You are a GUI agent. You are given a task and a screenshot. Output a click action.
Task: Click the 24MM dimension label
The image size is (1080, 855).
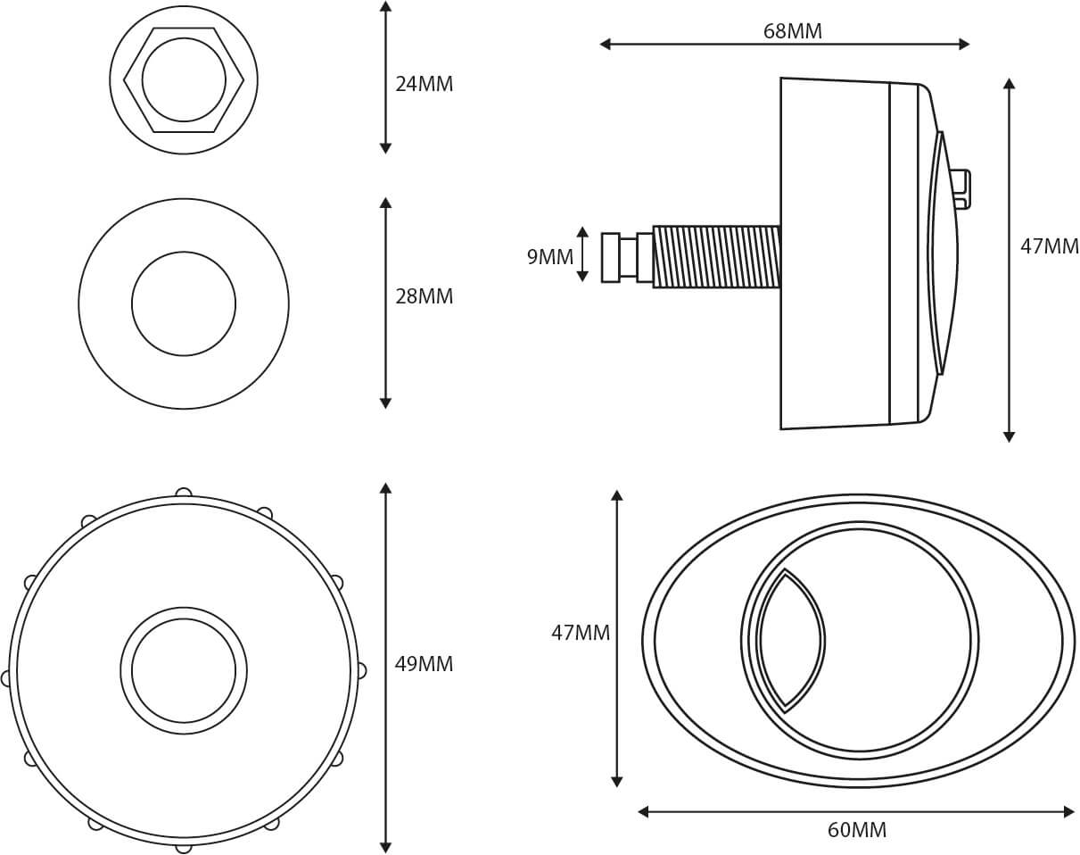424,84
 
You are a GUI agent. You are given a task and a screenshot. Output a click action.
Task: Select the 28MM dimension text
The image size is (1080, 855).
424,296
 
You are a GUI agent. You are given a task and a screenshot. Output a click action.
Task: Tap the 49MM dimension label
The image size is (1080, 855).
424,664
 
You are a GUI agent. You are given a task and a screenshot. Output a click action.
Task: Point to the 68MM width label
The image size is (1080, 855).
792,31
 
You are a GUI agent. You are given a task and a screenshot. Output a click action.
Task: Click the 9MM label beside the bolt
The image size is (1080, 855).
549,257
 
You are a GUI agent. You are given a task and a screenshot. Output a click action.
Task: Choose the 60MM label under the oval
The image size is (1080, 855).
856,830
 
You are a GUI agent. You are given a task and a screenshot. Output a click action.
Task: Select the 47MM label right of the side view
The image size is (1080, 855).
1049,246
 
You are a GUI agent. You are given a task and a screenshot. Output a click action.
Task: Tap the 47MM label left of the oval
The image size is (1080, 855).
580,633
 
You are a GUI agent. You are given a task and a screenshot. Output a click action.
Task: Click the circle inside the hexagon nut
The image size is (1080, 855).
184,79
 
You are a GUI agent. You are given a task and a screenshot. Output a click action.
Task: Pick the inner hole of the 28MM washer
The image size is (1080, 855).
184,303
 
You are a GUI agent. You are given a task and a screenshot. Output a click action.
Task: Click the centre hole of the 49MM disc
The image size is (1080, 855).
184,670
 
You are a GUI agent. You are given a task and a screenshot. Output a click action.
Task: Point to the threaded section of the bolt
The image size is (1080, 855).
716,257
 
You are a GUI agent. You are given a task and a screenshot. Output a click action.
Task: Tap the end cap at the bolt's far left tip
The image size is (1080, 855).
610,257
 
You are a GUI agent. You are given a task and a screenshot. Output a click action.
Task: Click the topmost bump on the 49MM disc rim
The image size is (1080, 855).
184,492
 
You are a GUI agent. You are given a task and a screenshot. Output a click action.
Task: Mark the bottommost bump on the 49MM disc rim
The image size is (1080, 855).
184,846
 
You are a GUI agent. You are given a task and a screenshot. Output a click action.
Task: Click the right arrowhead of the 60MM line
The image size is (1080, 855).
1069,811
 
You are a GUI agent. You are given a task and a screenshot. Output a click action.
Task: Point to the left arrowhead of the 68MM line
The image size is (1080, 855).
605,44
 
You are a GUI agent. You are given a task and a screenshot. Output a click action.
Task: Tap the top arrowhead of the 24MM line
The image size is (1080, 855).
385,6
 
